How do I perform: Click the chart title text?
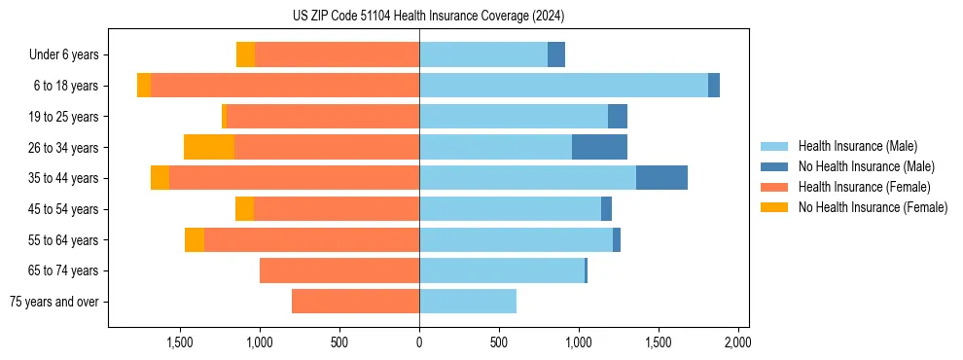pos(428,17)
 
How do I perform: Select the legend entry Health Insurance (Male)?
pos(857,146)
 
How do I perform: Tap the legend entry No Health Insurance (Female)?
pos(873,207)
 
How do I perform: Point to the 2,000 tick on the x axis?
pos(737,342)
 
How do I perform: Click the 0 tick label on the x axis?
pos(419,342)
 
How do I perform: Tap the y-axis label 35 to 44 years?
pos(65,178)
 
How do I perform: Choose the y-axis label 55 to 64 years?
pos(65,240)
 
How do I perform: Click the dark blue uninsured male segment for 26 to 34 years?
pos(599,147)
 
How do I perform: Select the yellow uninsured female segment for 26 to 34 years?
pos(209,147)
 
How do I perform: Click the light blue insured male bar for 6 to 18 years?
pos(563,86)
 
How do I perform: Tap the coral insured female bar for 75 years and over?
pos(355,302)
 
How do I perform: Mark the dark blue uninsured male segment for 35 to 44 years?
pos(661,178)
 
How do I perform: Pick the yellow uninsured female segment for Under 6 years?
pos(245,54)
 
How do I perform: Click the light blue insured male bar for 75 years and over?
pos(468,302)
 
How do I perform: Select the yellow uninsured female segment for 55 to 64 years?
pos(195,240)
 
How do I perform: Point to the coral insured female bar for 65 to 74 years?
pos(339,270)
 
